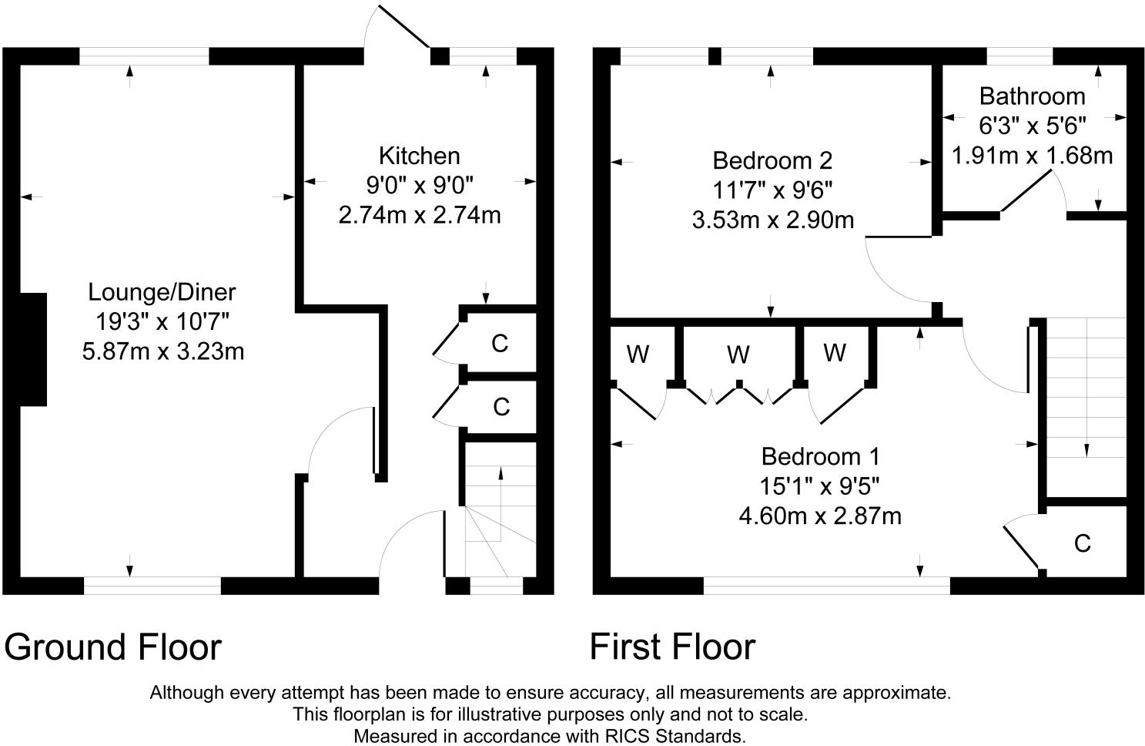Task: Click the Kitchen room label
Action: tap(419, 156)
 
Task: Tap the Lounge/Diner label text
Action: tap(162, 293)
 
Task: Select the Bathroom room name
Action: tap(1032, 96)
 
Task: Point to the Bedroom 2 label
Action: tap(772, 160)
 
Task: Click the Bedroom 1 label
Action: tap(820, 456)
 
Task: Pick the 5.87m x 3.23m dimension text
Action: tap(163, 351)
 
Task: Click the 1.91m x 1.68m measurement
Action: tap(1032, 155)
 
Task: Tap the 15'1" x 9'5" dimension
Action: tap(820, 486)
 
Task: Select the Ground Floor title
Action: tap(113, 647)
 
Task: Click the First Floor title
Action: tap(673, 647)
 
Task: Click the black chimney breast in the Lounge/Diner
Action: tap(33, 350)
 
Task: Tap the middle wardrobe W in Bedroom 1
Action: tap(738, 355)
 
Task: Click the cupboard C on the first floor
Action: tap(1083, 544)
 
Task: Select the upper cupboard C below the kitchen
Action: tap(500, 344)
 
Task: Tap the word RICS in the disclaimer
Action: tap(628, 736)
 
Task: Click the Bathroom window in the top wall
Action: tap(1019, 56)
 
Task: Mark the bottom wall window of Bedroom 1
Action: tap(827, 586)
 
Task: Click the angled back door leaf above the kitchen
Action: tap(403, 27)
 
